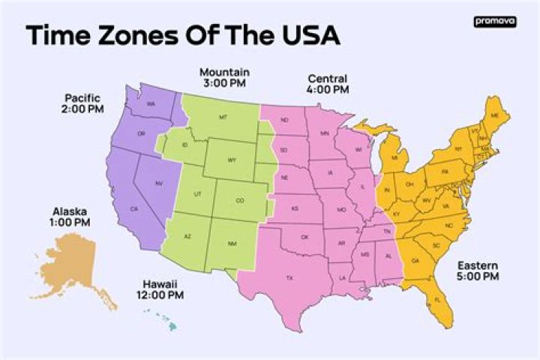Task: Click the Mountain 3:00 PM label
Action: (224, 77)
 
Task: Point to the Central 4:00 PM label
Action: (328, 83)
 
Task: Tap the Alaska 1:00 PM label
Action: (70, 217)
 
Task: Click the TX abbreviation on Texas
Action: (289, 278)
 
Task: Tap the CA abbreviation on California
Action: (134, 208)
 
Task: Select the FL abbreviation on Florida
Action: (437, 300)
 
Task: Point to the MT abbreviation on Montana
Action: (223, 118)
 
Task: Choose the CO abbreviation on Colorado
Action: (239, 200)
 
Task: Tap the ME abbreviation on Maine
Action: (493, 115)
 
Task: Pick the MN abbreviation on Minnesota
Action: (325, 133)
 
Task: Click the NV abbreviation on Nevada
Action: (158, 183)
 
